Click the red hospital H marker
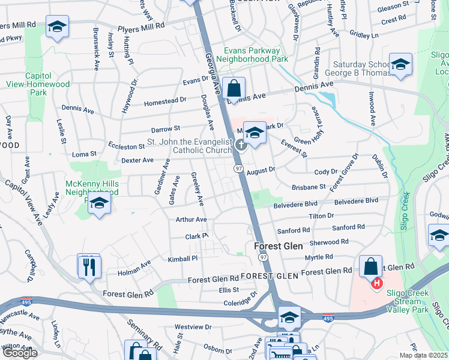(377, 283)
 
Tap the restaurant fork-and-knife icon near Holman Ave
(89, 266)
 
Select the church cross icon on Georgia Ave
(241, 144)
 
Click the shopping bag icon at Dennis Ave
(234, 89)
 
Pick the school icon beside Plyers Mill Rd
(58, 27)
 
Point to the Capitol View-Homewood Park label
(36, 84)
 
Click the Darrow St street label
(166, 128)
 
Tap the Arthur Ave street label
(191, 220)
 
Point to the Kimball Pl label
(182, 258)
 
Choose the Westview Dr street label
(193, 327)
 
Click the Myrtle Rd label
(319, 257)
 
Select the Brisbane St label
(309, 187)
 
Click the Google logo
(19, 353)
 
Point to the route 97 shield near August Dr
(238, 170)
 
